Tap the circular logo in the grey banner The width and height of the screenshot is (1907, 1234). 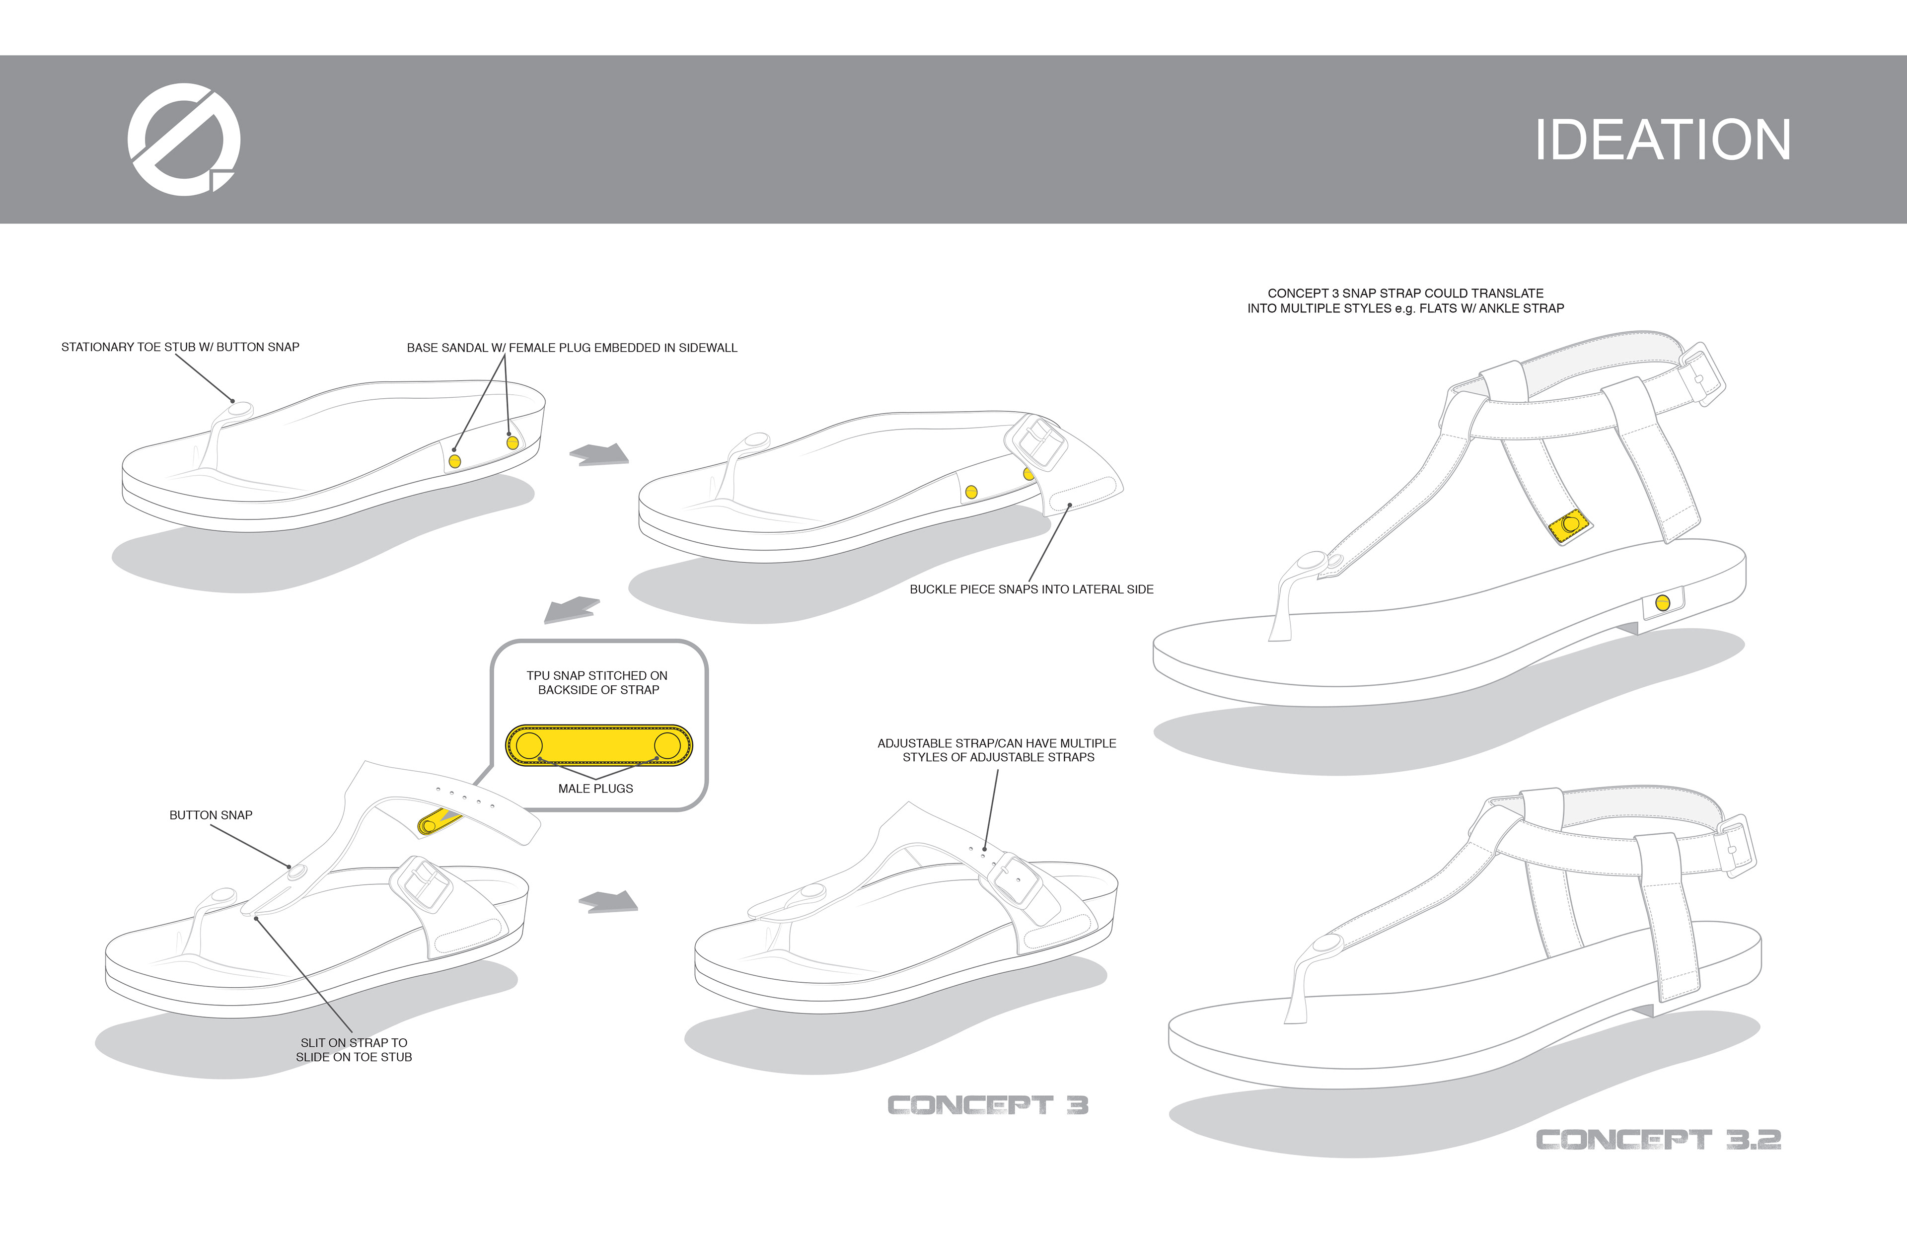point(183,140)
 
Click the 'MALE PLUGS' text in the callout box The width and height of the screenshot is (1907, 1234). point(595,789)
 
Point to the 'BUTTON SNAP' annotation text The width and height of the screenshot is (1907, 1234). point(211,815)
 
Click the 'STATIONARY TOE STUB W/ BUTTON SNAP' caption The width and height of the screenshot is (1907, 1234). point(180,347)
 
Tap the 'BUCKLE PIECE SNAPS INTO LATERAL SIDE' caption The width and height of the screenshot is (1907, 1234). point(1031,589)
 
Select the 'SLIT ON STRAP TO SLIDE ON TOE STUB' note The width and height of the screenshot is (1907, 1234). point(354,1050)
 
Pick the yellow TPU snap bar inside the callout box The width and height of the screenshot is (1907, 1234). point(598,745)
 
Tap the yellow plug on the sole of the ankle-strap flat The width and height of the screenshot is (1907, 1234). point(1663,602)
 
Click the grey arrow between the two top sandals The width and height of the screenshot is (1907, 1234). point(599,454)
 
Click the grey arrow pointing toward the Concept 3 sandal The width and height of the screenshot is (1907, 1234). point(608,902)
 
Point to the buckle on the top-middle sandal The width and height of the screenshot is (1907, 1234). point(1036,441)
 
